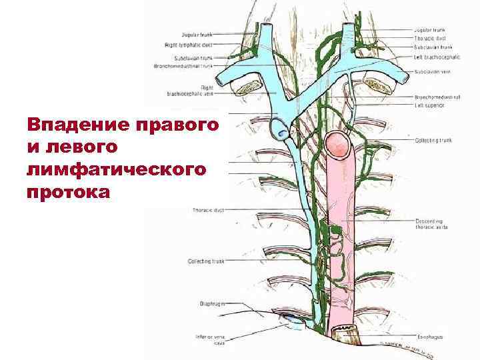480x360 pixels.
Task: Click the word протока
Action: pyautogui.click(x=67, y=193)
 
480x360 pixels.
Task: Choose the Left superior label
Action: pyautogui.click(x=427, y=104)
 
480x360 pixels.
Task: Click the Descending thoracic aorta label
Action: pyautogui.click(x=431, y=223)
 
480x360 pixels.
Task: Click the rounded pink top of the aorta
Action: pyautogui.click(x=340, y=142)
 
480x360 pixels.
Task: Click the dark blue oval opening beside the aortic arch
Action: pyautogui.click(x=284, y=134)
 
